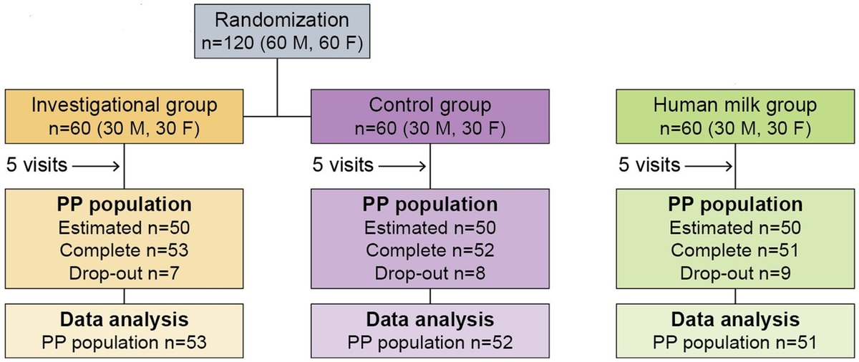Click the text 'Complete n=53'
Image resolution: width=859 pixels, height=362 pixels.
(x=125, y=250)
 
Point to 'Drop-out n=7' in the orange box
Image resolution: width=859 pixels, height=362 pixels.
(x=125, y=273)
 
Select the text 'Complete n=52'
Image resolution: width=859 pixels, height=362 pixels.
(x=429, y=250)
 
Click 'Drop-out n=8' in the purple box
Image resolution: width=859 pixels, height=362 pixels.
(x=429, y=273)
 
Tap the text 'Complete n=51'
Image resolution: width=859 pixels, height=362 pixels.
(x=734, y=250)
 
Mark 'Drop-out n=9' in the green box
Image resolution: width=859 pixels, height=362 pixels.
(x=734, y=273)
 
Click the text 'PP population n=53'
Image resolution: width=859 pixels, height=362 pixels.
(x=125, y=341)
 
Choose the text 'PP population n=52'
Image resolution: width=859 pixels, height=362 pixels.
(x=430, y=341)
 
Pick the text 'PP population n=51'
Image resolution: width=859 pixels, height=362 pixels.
(x=734, y=341)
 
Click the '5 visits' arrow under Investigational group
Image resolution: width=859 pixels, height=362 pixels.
(x=96, y=165)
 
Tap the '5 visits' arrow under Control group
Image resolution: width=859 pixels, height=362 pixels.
(x=402, y=165)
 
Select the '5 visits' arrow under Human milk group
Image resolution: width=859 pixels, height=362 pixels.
(x=707, y=165)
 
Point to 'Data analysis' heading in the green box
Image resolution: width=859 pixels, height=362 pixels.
(x=734, y=318)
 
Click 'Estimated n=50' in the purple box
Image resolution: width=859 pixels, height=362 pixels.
(x=429, y=228)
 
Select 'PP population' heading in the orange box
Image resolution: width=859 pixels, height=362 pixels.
(x=125, y=205)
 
